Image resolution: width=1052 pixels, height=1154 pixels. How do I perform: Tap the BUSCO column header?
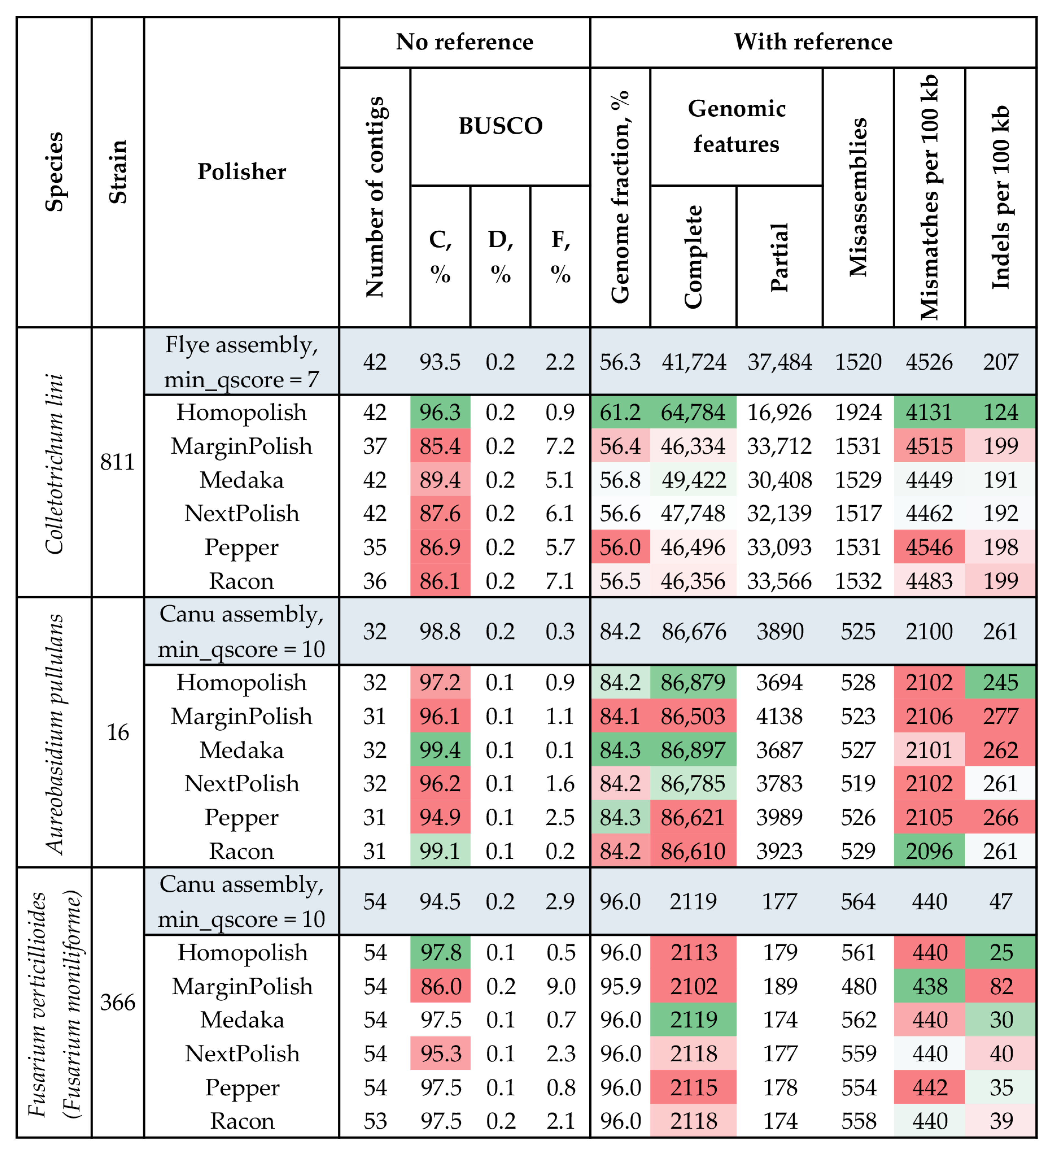(x=500, y=126)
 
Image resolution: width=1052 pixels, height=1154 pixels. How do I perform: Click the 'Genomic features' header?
(x=736, y=126)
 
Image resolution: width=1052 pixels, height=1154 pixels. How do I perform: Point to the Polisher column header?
(x=241, y=172)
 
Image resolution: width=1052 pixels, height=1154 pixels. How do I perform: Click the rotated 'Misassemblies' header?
(x=858, y=197)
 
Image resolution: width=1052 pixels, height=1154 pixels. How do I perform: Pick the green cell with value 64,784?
(x=693, y=412)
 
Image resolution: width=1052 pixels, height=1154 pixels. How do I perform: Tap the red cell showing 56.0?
(x=620, y=547)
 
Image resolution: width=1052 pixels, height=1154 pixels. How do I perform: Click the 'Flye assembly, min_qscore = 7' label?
(x=241, y=362)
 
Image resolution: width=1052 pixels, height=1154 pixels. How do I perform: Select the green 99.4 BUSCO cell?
(x=440, y=750)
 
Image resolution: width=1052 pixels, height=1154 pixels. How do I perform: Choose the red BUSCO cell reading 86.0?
(x=440, y=986)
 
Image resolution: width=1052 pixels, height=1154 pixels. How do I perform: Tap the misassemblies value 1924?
(x=858, y=412)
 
